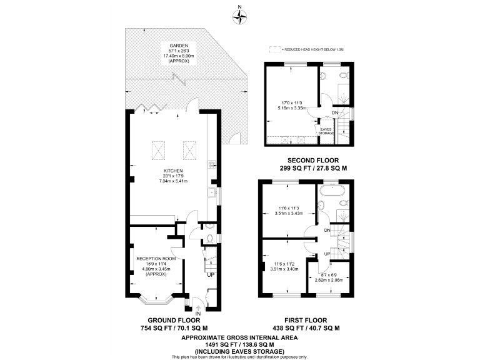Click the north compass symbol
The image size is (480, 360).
tap(239, 16)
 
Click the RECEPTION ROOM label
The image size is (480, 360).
tap(156, 258)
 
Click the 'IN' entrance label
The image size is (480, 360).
tap(198, 314)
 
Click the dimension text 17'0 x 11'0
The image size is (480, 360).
tap(291, 102)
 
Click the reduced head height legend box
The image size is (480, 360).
tap(273, 49)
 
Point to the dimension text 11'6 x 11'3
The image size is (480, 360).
tap(290, 208)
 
